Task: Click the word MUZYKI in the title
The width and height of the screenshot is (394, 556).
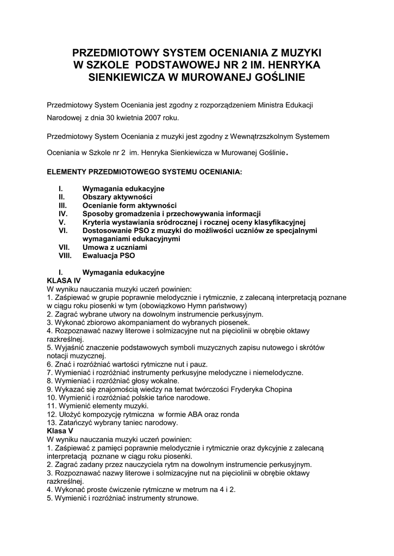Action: click(x=297, y=53)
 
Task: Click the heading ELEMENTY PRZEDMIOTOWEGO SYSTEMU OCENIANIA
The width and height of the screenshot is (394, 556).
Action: click(x=144, y=172)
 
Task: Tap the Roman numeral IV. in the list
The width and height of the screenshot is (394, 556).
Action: click(x=62, y=214)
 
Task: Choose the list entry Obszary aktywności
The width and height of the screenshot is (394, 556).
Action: click(x=117, y=197)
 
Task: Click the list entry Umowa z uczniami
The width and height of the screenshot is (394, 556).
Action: click(x=115, y=247)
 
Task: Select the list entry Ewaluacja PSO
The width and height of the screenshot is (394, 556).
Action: click(x=109, y=255)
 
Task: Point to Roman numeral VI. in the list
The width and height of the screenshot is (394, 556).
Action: click(x=62, y=230)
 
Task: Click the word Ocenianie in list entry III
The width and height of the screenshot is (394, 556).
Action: click(x=99, y=205)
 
